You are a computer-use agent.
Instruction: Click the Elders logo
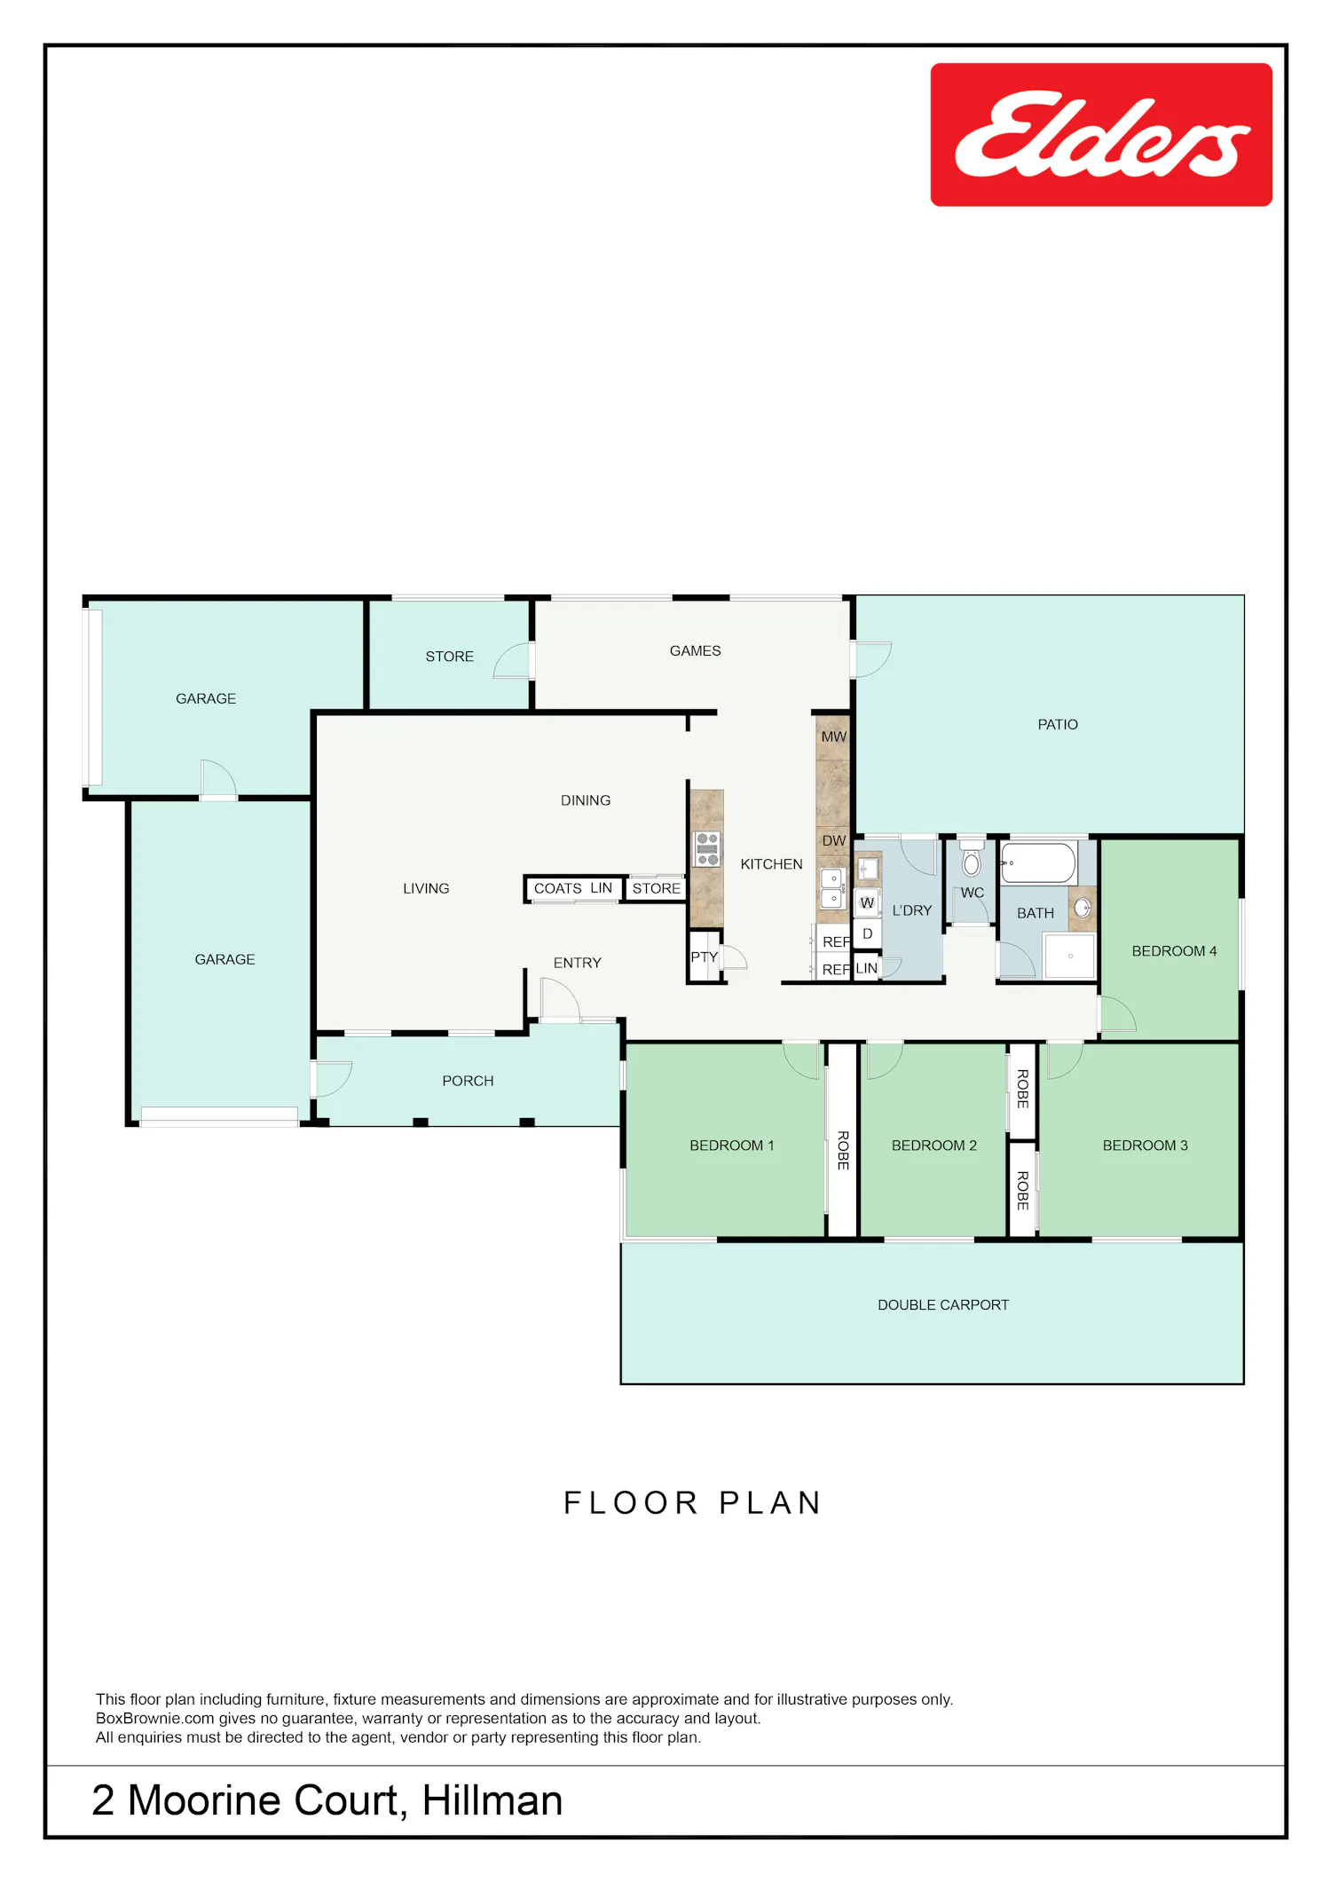[x=1101, y=135]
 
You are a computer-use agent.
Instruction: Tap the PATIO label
[x=1058, y=725]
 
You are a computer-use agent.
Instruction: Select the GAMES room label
[x=695, y=651]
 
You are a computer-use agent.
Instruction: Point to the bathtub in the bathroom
[x=1039, y=863]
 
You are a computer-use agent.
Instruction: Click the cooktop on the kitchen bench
[x=707, y=849]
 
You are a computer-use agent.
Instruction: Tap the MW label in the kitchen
[x=833, y=736]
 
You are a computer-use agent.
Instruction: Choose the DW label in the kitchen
[x=833, y=840]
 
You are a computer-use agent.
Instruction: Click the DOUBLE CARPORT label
[x=943, y=1305]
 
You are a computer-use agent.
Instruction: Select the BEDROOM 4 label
[x=1174, y=951]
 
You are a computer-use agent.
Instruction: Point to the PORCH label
[x=468, y=1081]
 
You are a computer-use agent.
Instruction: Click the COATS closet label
[x=557, y=888]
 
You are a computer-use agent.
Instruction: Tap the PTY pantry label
[x=704, y=957]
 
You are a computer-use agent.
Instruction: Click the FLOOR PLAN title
[x=692, y=1503]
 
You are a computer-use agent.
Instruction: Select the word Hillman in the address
[x=492, y=1800]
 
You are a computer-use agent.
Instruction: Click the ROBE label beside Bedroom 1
[x=843, y=1150]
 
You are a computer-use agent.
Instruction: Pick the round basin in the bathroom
[x=1083, y=908]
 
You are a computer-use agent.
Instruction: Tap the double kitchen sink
[x=832, y=888]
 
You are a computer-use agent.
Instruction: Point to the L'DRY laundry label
[x=912, y=910]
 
